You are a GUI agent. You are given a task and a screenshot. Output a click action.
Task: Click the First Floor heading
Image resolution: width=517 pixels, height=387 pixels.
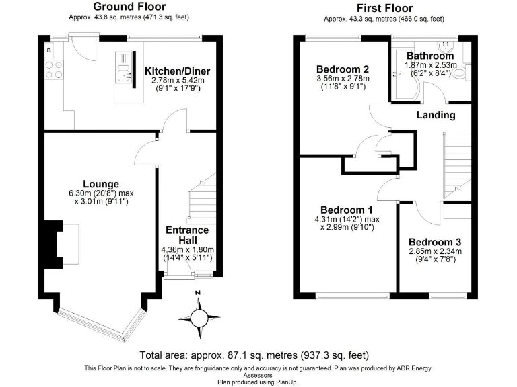(384, 9)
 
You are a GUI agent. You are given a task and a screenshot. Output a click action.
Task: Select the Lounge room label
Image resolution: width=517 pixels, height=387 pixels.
(101, 184)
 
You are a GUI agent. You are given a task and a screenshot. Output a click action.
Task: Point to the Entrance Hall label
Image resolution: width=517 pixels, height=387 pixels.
(188, 235)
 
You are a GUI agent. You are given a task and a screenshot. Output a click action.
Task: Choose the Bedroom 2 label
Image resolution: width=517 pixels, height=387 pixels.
(343, 69)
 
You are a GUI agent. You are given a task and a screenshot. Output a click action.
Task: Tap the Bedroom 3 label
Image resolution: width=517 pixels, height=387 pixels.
(435, 241)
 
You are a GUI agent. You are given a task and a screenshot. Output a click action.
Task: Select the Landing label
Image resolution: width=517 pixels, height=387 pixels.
(436, 115)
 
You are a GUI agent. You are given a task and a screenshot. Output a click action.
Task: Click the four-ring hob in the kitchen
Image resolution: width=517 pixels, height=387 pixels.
(54, 69)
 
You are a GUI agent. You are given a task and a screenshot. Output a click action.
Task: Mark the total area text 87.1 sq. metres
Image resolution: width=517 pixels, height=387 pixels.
(254, 355)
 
